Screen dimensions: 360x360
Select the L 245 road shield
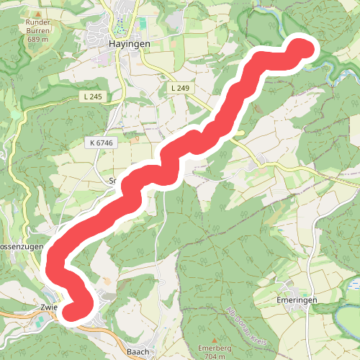coord(92,96)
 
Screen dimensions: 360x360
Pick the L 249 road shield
coord(180,87)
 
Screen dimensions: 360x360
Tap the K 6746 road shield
coord(103,144)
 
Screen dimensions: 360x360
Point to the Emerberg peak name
coord(214,348)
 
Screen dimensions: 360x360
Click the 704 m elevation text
coord(214,356)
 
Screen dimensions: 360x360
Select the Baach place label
coord(137,351)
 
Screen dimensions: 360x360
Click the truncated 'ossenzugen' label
coord(22,246)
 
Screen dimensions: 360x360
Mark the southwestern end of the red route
coord(73,310)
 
